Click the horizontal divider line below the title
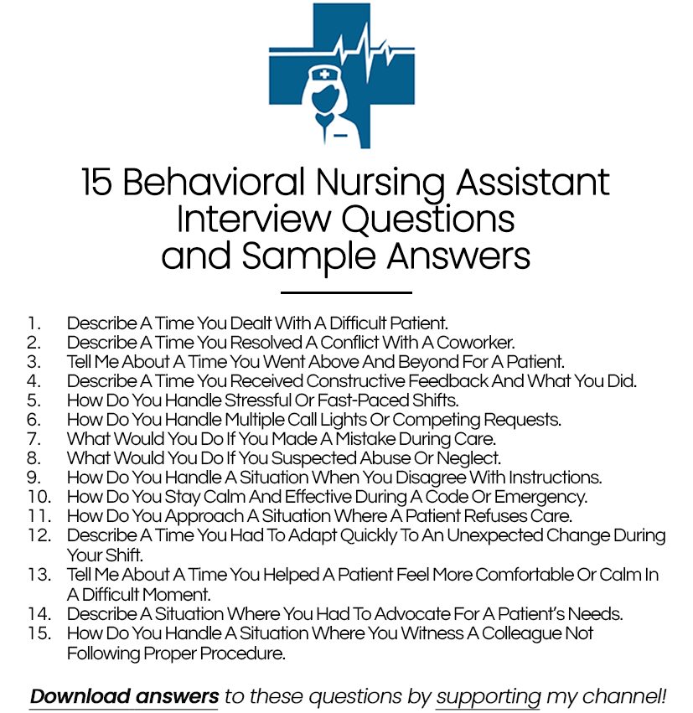pos(346,292)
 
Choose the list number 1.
pos(33,323)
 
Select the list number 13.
pos(39,575)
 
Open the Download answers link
pos(124,696)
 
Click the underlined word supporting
pos(489,696)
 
